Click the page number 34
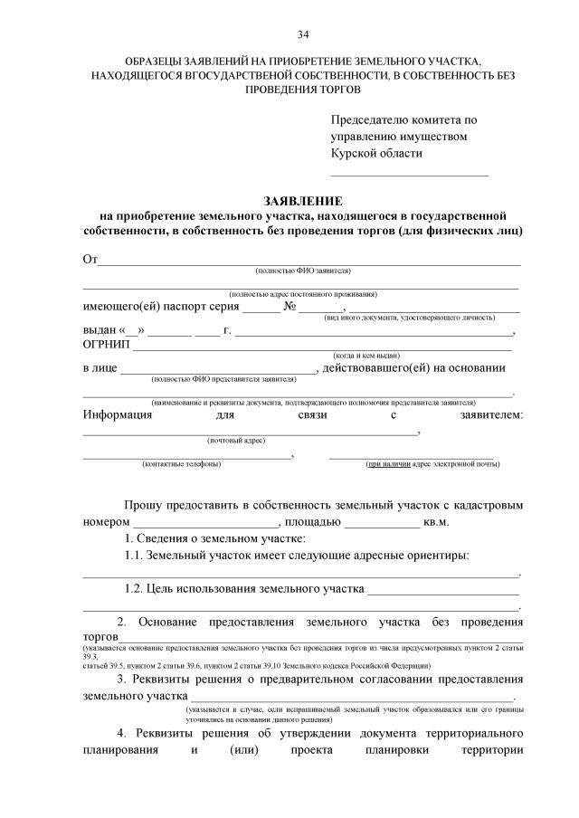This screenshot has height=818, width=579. point(303,35)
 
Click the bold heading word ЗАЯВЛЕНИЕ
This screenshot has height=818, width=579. point(302,200)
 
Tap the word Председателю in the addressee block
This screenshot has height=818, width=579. point(374,119)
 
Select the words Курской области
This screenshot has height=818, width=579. point(376,154)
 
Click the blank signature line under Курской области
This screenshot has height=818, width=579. point(409,173)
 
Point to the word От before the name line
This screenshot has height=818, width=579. point(90,260)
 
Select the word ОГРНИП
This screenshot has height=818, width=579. point(107,345)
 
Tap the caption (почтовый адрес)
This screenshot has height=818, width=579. point(236,440)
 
